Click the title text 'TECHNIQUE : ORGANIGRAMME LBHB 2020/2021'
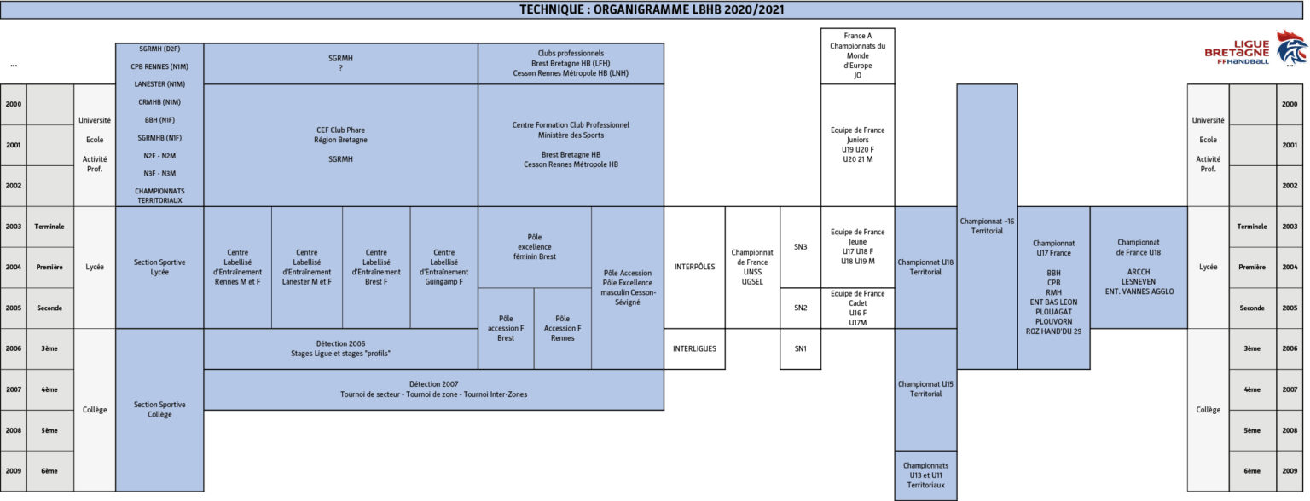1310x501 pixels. click(x=652, y=9)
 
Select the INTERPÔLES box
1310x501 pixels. click(x=694, y=267)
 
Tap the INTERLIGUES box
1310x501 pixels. click(x=694, y=348)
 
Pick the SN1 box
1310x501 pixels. click(x=800, y=348)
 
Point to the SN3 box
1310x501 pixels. click(x=800, y=247)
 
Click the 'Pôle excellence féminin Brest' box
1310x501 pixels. click(x=535, y=247)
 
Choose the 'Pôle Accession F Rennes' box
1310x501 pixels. click(x=562, y=328)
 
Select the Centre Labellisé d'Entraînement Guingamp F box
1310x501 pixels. click(x=443, y=267)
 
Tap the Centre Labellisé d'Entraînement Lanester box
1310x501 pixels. click(x=306, y=267)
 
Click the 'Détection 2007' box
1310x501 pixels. click(x=433, y=389)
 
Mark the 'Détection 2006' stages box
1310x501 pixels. click(x=340, y=348)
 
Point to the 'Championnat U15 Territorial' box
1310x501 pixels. click(x=925, y=389)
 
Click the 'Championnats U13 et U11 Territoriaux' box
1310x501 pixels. click(x=925, y=475)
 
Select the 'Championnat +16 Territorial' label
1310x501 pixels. click(x=987, y=226)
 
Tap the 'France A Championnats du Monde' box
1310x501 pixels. click(x=857, y=55)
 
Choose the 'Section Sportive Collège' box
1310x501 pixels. click(x=159, y=409)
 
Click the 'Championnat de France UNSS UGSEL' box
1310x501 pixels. click(x=752, y=267)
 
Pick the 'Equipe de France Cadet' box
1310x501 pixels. click(x=857, y=308)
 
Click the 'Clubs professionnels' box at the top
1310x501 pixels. click(x=571, y=63)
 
